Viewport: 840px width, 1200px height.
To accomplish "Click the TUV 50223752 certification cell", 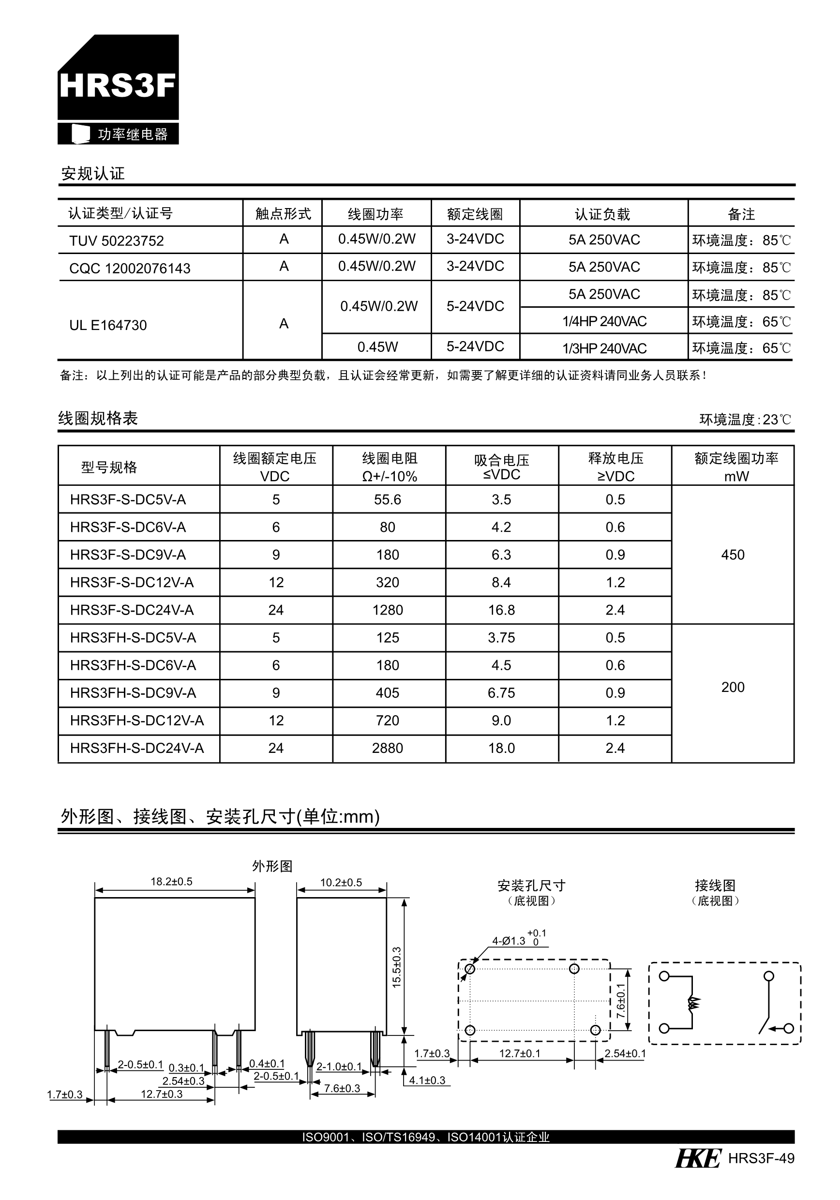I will (117, 241).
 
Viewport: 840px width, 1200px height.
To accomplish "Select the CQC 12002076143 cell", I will (130, 268).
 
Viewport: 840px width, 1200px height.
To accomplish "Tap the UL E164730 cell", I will (108, 325).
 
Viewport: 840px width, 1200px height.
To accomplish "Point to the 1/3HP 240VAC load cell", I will (604, 348).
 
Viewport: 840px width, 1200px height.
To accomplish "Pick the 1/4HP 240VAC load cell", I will (604, 321).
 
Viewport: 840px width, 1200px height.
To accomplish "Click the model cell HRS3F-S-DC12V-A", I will (132, 582).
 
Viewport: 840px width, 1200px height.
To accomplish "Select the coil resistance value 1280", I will (387, 610).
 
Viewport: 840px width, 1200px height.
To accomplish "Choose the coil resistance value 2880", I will (387, 748).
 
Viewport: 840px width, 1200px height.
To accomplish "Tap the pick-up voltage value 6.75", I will (501, 692).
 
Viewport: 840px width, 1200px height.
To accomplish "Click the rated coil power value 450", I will (732, 555).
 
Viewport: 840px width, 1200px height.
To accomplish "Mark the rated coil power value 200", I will (732, 687).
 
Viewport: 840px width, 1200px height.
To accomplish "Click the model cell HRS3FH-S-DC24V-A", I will (137, 748).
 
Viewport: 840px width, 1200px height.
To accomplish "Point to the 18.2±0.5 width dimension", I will (171, 882).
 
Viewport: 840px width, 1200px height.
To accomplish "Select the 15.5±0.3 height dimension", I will (397, 967).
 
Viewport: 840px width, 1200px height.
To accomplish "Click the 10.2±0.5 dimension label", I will (341, 883).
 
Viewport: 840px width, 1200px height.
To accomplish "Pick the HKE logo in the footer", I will (698, 1158).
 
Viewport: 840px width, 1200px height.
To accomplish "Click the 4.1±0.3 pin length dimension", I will (427, 1080).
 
